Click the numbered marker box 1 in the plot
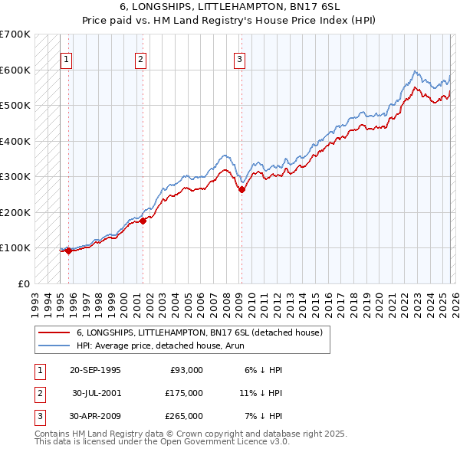pyautogui.click(x=67, y=59)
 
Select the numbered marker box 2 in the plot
pyautogui.click(x=141, y=59)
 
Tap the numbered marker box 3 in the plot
pyautogui.click(x=240, y=59)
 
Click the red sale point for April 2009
pyautogui.click(x=242, y=189)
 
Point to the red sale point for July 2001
pyautogui.click(x=143, y=221)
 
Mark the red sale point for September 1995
pyautogui.click(x=68, y=250)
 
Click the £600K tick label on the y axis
pyautogui.click(x=15, y=70)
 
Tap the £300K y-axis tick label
pyautogui.click(x=15, y=176)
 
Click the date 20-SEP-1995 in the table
pyautogui.click(x=95, y=370)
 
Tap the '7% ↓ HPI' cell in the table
pyautogui.click(x=264, y=416)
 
